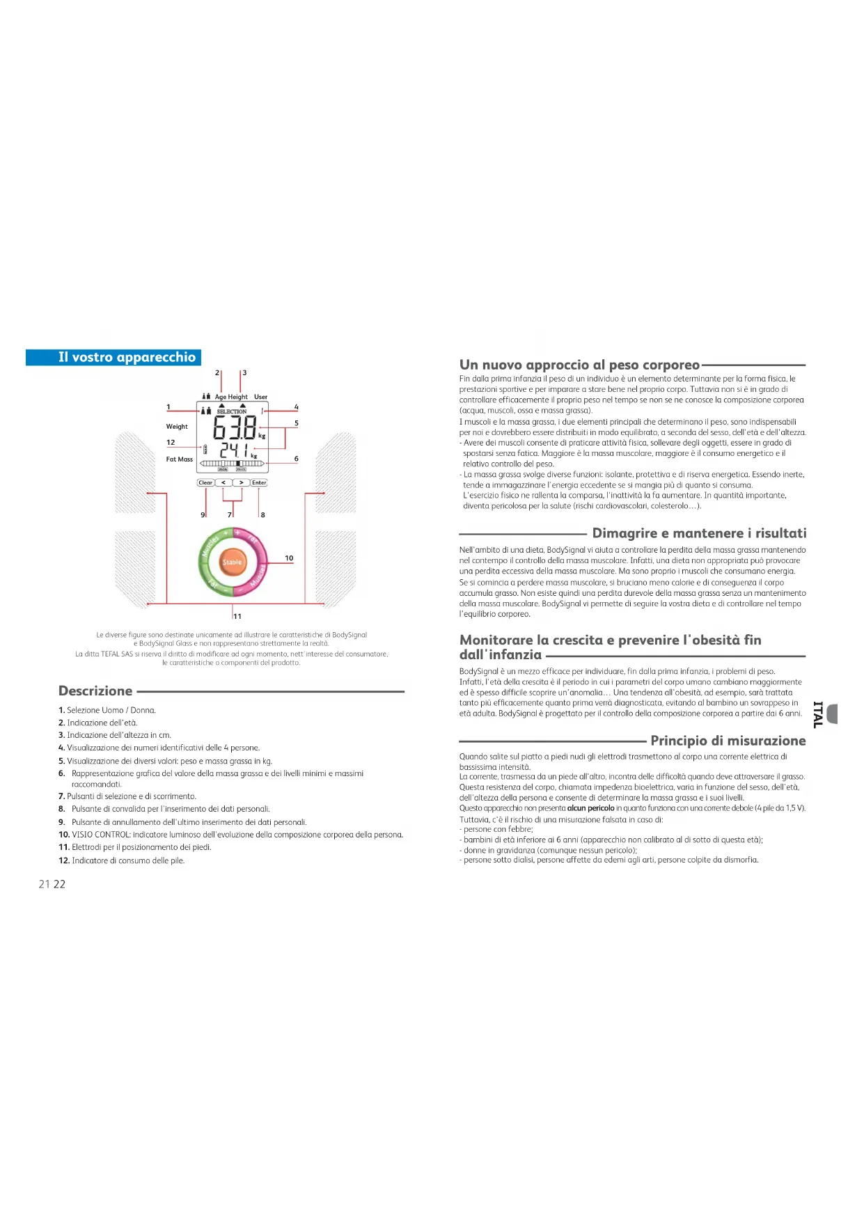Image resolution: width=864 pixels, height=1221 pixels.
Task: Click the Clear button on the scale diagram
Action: pyautogui.click(x=205, y=482)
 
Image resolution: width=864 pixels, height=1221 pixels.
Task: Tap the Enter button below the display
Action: pyautogui.click(x=259, y=482)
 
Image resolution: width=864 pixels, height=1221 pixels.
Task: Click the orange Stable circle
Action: pyautogui.click(x=233, y=562)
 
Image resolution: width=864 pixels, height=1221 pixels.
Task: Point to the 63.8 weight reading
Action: pyautogui.click(x=235, y=427)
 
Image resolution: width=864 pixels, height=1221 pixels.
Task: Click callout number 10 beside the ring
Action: pyautogui.click(x=289, y=558)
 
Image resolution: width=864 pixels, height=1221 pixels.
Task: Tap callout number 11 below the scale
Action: pyautogui.click(x=237, y=616)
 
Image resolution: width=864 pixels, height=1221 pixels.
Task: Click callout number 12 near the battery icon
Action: pyautogui.click(x=171, y=443)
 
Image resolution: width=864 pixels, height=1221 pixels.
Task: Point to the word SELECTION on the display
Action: pyautogui.click(x=232, y=411)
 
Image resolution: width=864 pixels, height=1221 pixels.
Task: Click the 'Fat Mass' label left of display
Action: pyautogui.click(x=180, y=459)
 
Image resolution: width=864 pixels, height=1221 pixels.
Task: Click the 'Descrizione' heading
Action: pyautogui.click(x=95, y=691)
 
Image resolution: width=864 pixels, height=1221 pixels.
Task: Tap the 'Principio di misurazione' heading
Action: pyautogui.click(x=728, y=741)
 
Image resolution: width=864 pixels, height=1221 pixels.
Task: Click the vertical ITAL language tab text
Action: pyautogui.click(x=819, y=714)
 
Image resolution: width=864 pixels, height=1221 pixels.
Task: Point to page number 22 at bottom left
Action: pyautogui.click(x=59, y=884)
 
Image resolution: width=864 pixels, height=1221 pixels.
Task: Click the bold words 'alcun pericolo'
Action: pyautogui.click(x=590, y=808)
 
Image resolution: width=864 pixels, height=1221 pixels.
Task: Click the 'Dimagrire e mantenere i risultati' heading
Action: pyautogui.click(x=699, y=533)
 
